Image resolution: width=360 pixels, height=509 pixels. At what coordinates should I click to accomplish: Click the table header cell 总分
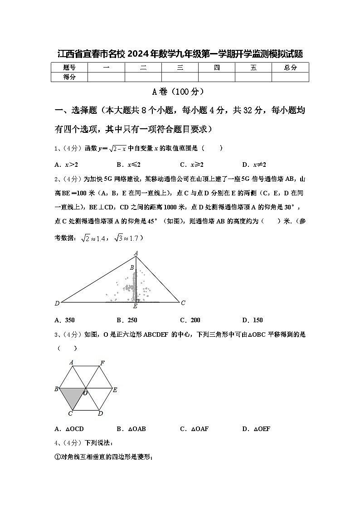point(290,68)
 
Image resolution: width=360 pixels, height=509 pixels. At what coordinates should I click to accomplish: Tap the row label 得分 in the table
point(69,77)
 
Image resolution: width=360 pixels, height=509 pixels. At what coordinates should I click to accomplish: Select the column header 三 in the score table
point(180,68)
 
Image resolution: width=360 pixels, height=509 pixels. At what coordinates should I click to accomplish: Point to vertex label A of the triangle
point(136,253)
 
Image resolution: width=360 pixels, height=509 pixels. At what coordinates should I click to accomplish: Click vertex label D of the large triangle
point(57,303)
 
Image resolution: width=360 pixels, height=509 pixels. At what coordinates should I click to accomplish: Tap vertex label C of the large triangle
point(183,303)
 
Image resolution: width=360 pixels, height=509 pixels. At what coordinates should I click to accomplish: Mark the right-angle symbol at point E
point(137,300)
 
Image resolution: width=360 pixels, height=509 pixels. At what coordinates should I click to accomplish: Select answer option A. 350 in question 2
point(64,320)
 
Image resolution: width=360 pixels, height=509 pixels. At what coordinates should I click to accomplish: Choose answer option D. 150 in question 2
point(253,320)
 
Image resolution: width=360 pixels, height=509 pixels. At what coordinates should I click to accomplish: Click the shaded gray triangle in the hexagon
point(73,397)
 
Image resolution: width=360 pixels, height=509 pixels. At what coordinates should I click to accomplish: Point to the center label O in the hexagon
point(85,393)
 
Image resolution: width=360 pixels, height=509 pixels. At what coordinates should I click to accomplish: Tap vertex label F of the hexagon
point(102,363)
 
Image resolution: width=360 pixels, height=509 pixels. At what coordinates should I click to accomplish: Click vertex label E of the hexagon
point(115,389)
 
